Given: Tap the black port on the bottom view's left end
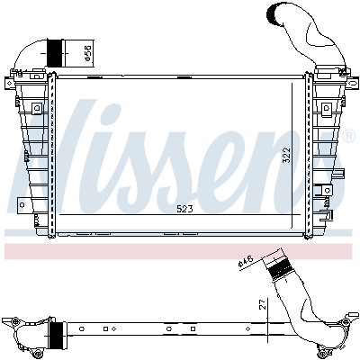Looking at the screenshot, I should (x=57, y=337).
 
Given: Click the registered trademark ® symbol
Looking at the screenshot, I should (x=347, y=136).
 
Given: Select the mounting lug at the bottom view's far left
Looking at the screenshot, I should (x=12, y=322).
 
